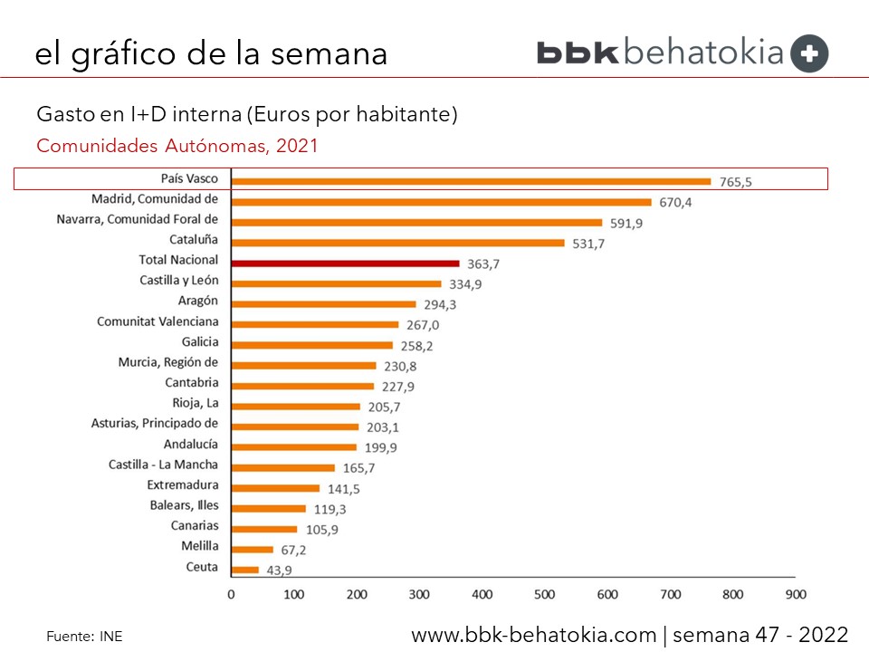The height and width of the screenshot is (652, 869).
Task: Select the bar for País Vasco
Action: pos(471,181)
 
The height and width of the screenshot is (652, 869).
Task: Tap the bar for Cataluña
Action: pos(397,243)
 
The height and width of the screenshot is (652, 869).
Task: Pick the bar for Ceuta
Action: pos(245,570)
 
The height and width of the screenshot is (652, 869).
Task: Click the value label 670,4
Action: pos(674,203)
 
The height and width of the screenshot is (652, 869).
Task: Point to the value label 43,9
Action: pos(277,570)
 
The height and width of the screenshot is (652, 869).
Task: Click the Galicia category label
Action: pos(199,342)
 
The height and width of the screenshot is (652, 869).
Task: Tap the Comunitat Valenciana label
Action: pos(158,321)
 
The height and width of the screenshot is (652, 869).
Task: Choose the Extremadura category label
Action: pos(182,485)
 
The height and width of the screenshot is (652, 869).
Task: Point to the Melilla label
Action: pos(199,546)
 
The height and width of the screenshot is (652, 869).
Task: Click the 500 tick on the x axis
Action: pos(544,595)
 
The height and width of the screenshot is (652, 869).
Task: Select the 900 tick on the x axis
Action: pos(795,595)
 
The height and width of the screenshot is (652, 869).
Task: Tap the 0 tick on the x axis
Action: pos(231,595)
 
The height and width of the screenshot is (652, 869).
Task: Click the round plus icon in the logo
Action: pos(809,53)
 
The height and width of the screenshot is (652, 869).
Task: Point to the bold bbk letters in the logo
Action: pos(578,53)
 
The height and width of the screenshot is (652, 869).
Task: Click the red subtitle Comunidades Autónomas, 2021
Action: pos(177,146)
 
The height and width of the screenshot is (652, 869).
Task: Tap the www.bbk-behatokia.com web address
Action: pos(534,635)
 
